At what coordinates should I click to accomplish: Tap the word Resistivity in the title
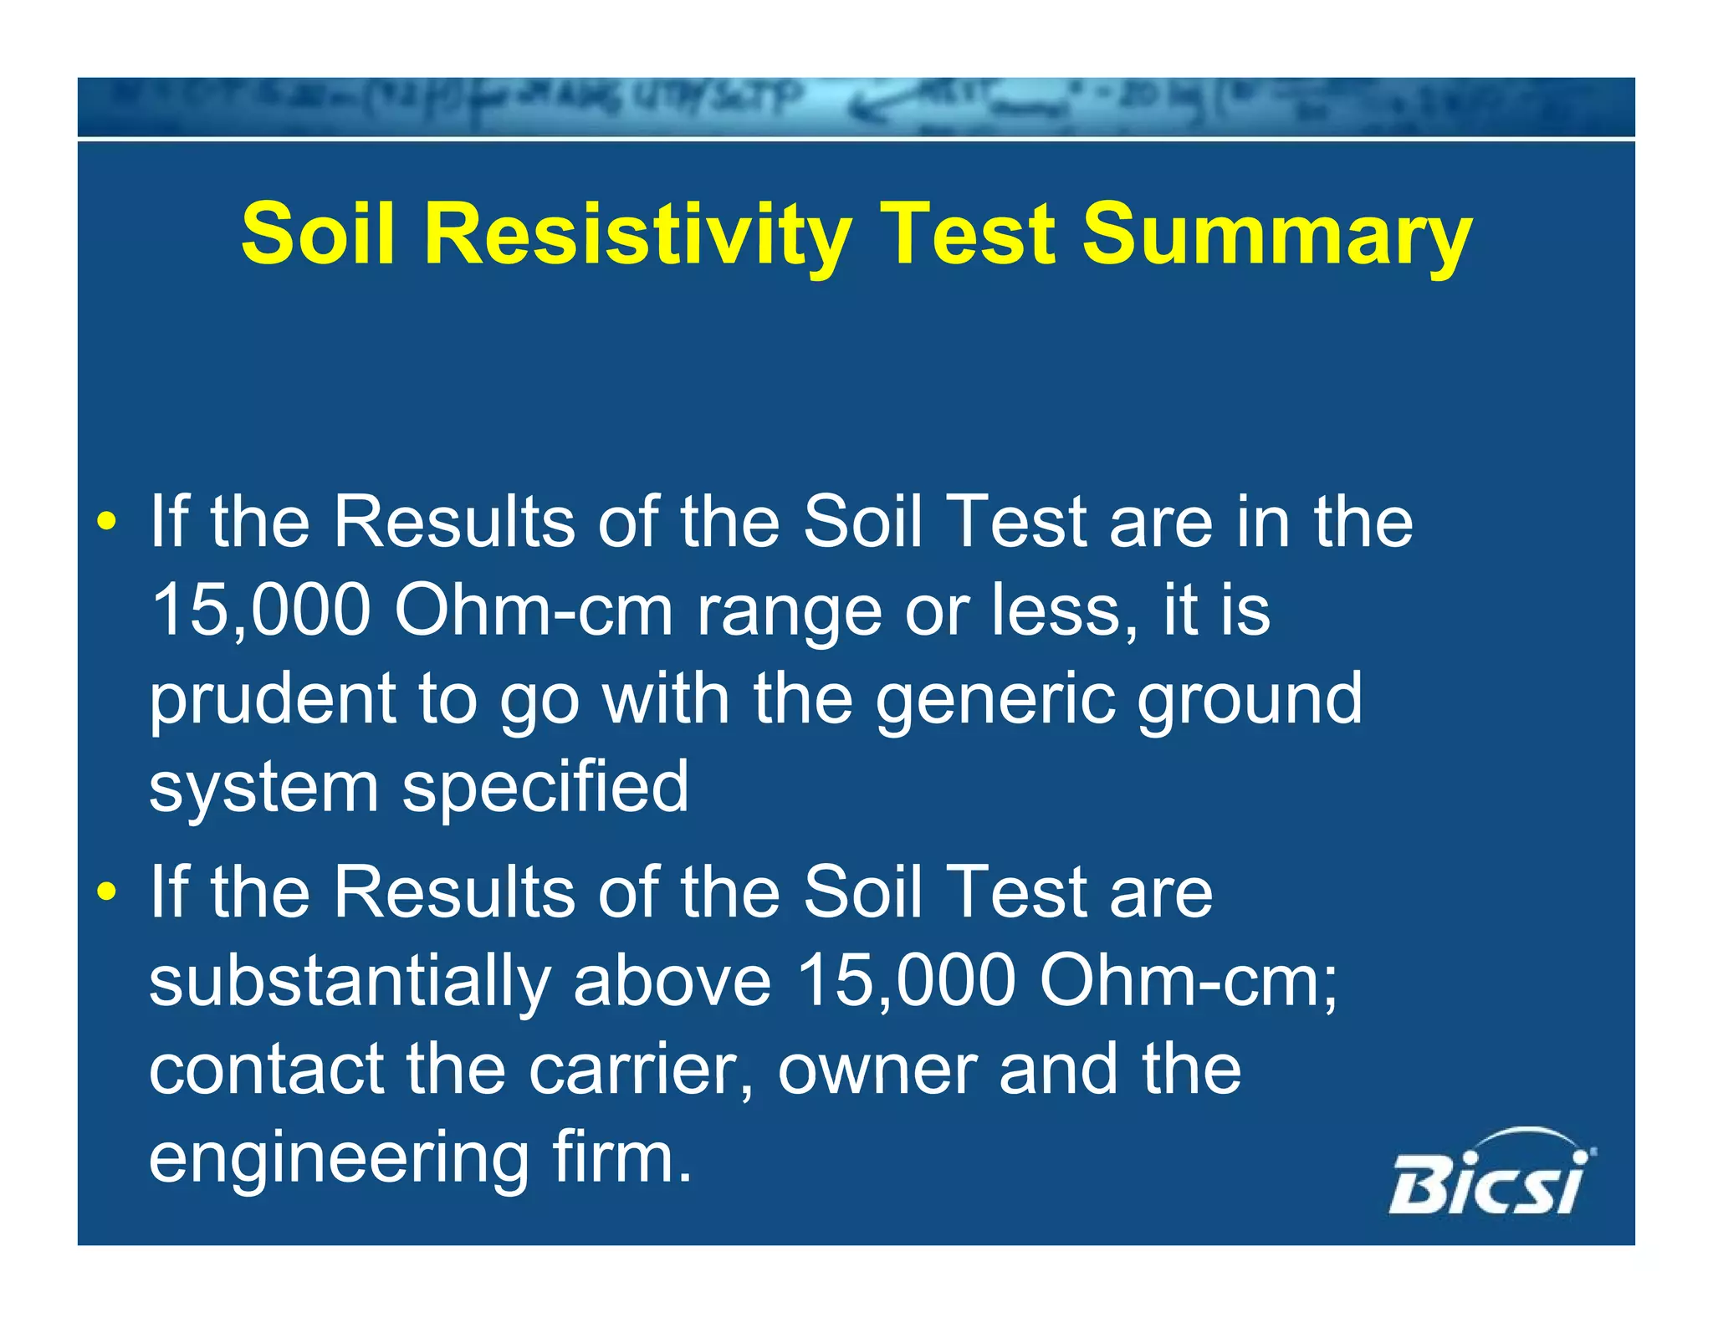(639, 235)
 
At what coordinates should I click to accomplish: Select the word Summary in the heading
(1276, 237)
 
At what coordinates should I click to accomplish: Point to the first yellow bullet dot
(106, 523)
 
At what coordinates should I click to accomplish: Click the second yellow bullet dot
(106, 892)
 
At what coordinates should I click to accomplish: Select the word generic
(995, 700)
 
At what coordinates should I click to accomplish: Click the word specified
(545, 788)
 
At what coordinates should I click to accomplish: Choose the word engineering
(339, 1160)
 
